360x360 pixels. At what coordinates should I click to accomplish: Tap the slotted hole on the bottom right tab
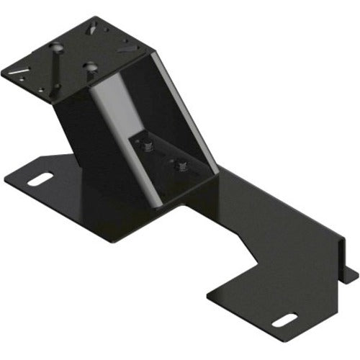pyautogui.click(x=287, y=319)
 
